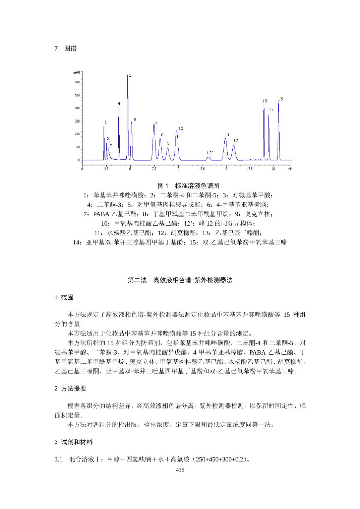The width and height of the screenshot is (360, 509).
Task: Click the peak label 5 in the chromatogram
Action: (130, 75)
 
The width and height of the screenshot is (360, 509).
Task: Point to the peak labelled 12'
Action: (208, 157)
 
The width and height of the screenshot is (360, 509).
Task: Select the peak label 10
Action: (180, 129)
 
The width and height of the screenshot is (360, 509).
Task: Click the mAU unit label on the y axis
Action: (76, 72)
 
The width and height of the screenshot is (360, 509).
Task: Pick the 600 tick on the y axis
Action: (77, 82)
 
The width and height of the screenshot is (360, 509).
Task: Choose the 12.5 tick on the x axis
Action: (202, 169)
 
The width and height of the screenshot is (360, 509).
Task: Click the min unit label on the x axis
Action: (290, 169)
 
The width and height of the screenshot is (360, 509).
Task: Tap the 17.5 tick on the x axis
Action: (249, 169)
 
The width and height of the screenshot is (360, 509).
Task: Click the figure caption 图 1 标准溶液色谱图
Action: (188, 186)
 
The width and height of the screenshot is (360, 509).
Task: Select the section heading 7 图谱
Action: (65, 49)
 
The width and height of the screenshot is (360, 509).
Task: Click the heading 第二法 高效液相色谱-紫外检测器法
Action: (180, 280)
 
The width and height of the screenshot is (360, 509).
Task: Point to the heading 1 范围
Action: (64, 297)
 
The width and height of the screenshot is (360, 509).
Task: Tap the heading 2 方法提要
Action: (70, 388)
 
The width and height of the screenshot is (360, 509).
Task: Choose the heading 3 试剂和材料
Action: (73, 442)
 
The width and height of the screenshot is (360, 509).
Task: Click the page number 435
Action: (180, 470)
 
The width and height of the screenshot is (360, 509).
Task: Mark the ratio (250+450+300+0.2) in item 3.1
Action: (219, 459)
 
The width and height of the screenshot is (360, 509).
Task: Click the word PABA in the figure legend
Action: (100, 214)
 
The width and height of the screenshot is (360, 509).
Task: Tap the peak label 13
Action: (264, 101)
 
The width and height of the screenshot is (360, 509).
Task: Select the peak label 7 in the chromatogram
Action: (156, 123)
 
